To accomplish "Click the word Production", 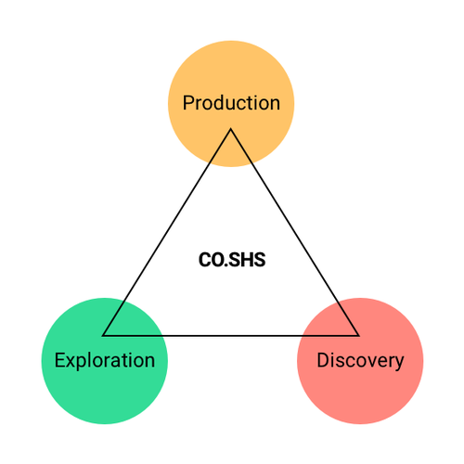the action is click(x=231, y=103).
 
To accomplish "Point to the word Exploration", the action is click(x=105, y=361).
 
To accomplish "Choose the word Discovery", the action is click(x=360, y=361).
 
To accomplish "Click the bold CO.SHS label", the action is click(x=232, y=260).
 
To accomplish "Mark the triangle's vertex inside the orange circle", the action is click(x=231, y=129).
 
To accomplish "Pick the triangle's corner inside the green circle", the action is click(x=103, y=335).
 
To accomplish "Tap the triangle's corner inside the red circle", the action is click(x=358, y=335).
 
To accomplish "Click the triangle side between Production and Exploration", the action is click(x=167, y=232).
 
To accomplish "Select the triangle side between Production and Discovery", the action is click(x=294, y=232).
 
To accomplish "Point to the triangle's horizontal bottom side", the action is click(x=231, y=335).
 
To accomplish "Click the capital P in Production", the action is click(x=188, y=103).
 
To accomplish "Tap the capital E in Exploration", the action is click(x=59, y=360).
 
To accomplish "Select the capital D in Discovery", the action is click(x=323, y=360).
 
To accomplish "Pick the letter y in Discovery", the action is click(x=399, y=363).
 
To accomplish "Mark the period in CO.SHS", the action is click(x=226, y=265).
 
